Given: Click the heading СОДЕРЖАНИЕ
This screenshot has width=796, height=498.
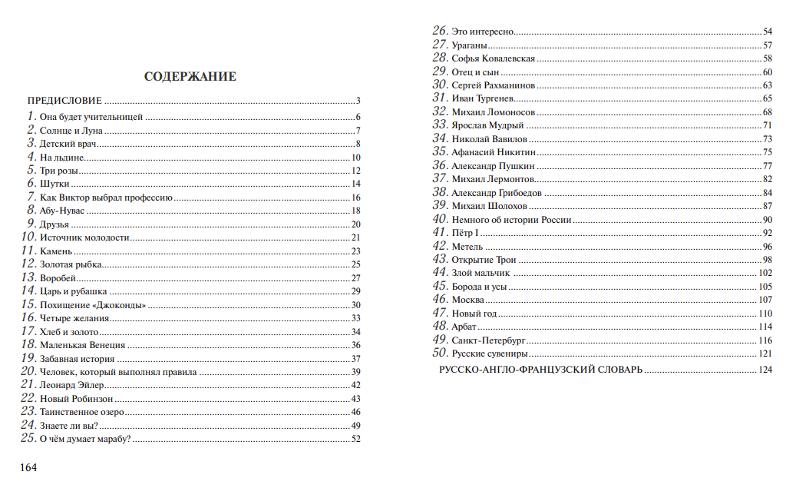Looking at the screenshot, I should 190,77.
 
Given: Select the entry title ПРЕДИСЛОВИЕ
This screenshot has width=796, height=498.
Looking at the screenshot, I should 64,101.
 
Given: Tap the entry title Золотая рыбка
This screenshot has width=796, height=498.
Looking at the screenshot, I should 71,264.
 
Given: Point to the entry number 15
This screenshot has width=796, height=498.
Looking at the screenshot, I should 28,304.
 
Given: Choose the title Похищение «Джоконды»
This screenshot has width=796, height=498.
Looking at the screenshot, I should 93,305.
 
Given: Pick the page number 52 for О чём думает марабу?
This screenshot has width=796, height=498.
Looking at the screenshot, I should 355,440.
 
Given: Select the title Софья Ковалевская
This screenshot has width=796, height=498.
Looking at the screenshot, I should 494,58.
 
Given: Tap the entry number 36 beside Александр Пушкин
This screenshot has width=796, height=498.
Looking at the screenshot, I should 440,165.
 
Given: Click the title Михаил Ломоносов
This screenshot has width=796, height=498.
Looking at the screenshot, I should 494,112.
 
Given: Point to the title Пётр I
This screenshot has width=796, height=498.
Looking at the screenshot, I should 466,233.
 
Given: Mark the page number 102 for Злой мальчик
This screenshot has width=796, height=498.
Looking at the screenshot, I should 765,273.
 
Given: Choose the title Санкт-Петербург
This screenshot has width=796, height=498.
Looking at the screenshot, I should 488,340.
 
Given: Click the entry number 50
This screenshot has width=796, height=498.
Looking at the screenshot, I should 440,353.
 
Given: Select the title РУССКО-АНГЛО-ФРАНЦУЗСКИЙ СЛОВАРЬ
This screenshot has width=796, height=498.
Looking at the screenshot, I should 540,370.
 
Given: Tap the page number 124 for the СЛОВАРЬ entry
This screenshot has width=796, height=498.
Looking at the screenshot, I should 765,370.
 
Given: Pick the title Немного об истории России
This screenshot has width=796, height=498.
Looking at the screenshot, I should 511,220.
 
